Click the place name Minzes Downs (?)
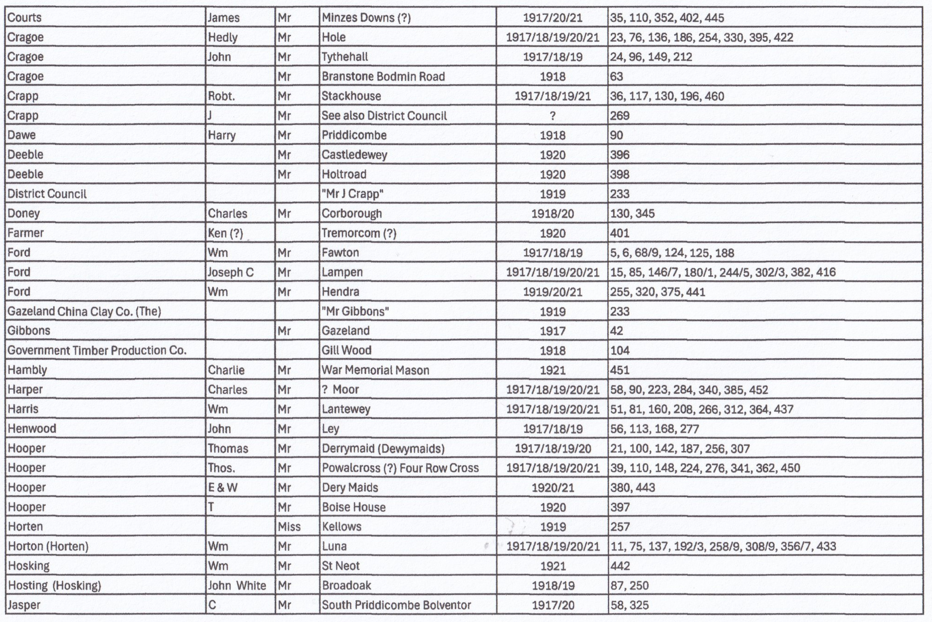pos(366,18)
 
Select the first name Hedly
pos(223,37)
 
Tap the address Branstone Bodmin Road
pos(383,76)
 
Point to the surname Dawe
pos(21,135)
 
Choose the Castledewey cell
pos(354,155)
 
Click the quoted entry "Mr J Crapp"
pos(353,194)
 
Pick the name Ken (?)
pos(225,233)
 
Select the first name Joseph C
pos(230,272)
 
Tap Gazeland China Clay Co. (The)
pos(84,311)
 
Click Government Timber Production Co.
pos(97,350)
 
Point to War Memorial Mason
pos(375,370)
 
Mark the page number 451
pos(620,370)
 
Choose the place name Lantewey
pos(346,409)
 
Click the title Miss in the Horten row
pos(289,527)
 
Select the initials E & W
pos(223,487)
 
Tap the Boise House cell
pos(354,507)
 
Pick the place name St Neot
pos(341,566)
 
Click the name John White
pos(237,585)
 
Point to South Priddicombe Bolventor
pos(396,605)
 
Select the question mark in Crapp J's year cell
pos(553,116)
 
